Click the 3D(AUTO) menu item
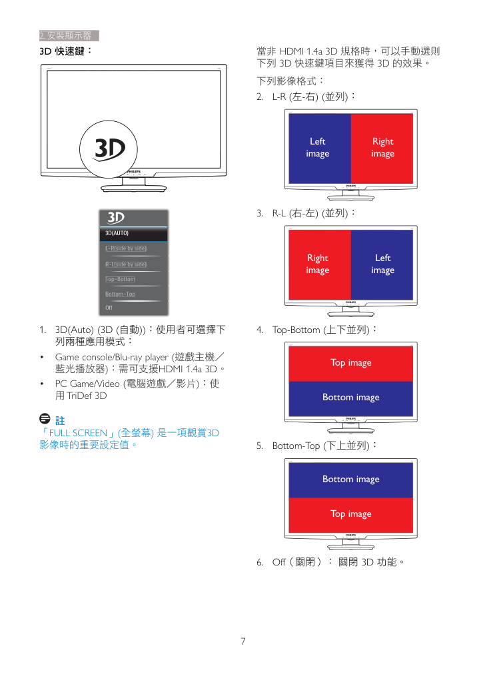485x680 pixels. coord(134,234)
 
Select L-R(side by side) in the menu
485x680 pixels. coord(126,248)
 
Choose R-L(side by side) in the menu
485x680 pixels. coord(126,264)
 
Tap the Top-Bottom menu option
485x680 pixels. coord(120,279)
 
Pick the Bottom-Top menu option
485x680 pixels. coord(120,294)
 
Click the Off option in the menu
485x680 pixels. coord(109,308)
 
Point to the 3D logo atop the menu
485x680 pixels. coord(116,218)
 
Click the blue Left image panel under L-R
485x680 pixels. coord(320,149)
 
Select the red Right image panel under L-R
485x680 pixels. coord(382,149)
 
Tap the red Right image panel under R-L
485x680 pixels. coord(320,264)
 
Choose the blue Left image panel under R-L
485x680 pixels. coord(382,264)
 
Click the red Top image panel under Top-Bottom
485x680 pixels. coord(351,364)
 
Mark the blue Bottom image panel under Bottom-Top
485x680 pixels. coord(351,480)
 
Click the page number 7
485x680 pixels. coord(243,641)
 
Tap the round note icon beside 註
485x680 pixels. coord(45,418)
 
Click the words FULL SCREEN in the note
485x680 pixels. coord(78,433)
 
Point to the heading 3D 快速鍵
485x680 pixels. coord(65,51)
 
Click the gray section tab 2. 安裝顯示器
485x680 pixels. coord(69,35)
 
